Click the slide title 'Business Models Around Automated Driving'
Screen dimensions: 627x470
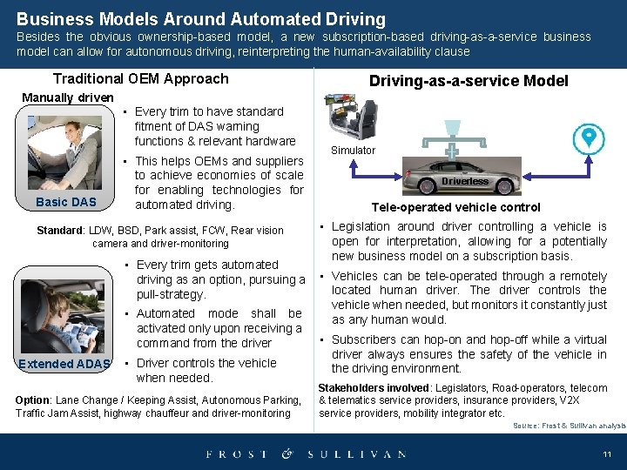pyautogui.click(x=200, y=18)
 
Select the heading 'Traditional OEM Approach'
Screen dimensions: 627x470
pyautogui.click(x=140, y=79)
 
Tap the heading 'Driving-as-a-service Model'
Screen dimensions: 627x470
pyautogui.click(x=469, y=81)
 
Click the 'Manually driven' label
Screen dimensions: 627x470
pyautogui.click(x=67, y=97)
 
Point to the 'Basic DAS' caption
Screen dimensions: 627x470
pyautogui.click(x=65, y=203)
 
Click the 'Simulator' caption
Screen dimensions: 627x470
pyautogui.click(x=353, y=151)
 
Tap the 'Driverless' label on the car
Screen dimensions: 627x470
pyautogui.click(x=465, y=181)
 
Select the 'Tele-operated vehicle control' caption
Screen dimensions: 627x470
pyautogui.click(x=455, y=207)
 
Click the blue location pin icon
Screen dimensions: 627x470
pyautogui.click(x=590, y=138)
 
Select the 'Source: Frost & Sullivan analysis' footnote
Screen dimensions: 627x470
pyautogui.click(x=569, y=426)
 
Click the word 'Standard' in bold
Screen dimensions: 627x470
pyautogui.click(x=60, y=231)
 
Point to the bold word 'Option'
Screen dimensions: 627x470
pyautogui.click(x=33, y=399)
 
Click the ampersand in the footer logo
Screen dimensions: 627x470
pyautogui.click(x=287, y=454)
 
